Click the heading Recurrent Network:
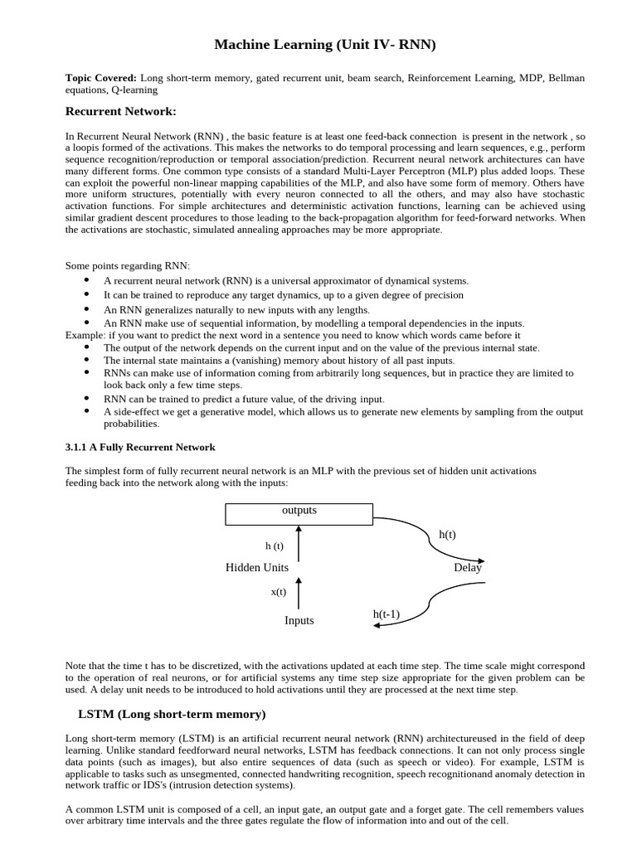coord(121,111)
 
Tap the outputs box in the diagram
coord(299,514)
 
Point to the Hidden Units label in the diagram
coord(257,568)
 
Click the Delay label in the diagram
coord(468,568)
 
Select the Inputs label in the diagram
coord(299,620)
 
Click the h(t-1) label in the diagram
coord(387,614)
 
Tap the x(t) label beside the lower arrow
coord(278,592)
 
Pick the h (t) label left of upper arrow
coord(274,546)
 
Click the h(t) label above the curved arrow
coord(447,535)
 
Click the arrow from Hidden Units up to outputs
coord(299,543)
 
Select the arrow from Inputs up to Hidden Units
coord(299,594)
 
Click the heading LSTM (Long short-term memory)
coord(171,713)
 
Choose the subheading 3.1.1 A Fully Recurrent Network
coord(140,447)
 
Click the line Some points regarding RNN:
coord(128,266)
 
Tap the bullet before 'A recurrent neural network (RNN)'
coord(87,281)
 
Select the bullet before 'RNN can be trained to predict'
coord(87,399)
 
